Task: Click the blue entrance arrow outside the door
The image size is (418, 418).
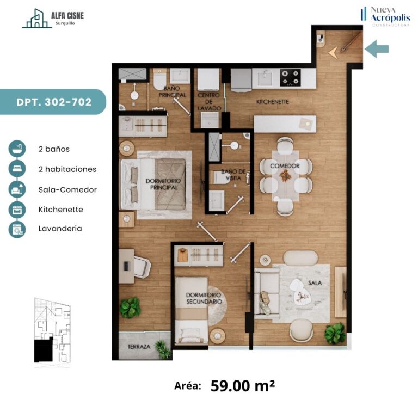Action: tap(377, 49)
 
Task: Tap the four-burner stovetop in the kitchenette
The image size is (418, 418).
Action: tap(290, 78)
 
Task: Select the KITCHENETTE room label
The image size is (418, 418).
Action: tap(273, 102)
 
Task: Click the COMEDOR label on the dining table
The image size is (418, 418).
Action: tap(285, 166)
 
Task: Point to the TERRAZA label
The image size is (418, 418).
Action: tap(139, 347)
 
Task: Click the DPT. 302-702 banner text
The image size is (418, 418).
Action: tap(54, 102)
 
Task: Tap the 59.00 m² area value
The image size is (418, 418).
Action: tap(243, 385)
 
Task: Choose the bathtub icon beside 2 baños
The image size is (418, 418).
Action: tap(17, 149)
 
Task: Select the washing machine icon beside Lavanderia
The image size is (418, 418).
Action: tap(17, 229)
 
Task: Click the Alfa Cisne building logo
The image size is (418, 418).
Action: tap(36, 18)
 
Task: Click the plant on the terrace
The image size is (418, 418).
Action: tap(163, 349)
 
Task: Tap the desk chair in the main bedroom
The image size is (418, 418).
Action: tap(142, 267)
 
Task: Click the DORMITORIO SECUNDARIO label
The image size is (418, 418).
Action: tap(204, 298)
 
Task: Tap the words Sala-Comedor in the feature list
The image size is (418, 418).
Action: tap(67, 189)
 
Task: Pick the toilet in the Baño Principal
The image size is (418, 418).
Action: tap(160, 78)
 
